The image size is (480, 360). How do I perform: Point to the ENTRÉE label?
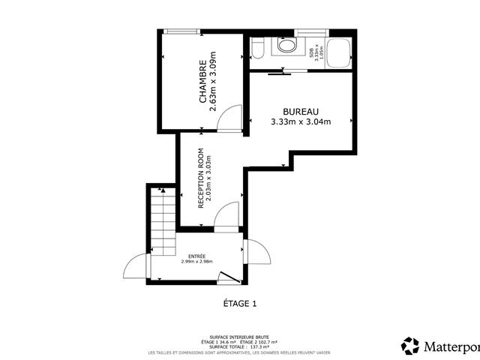coord(197,255)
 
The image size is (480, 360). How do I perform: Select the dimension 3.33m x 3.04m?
coord(300,121)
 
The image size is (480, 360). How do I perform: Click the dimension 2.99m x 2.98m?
coord(197,262)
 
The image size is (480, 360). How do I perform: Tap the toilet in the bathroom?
coord(257,50)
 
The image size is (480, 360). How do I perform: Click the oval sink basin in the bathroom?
coord(286,46)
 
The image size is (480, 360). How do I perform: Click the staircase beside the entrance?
coord(160,220)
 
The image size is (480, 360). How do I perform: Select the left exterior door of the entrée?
coord(137,267)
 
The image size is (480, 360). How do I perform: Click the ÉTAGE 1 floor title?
coord(240,304)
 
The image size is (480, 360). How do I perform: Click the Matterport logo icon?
coord(410,346)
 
